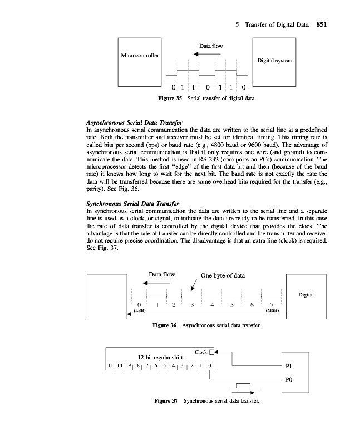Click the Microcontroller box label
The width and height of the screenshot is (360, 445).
[x=140, y=56]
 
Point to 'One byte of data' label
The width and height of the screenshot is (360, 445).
[x=222, y=275]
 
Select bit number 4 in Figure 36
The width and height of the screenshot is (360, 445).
[x=211, y=305]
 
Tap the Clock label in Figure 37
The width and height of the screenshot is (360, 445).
[x=201, y=352]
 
